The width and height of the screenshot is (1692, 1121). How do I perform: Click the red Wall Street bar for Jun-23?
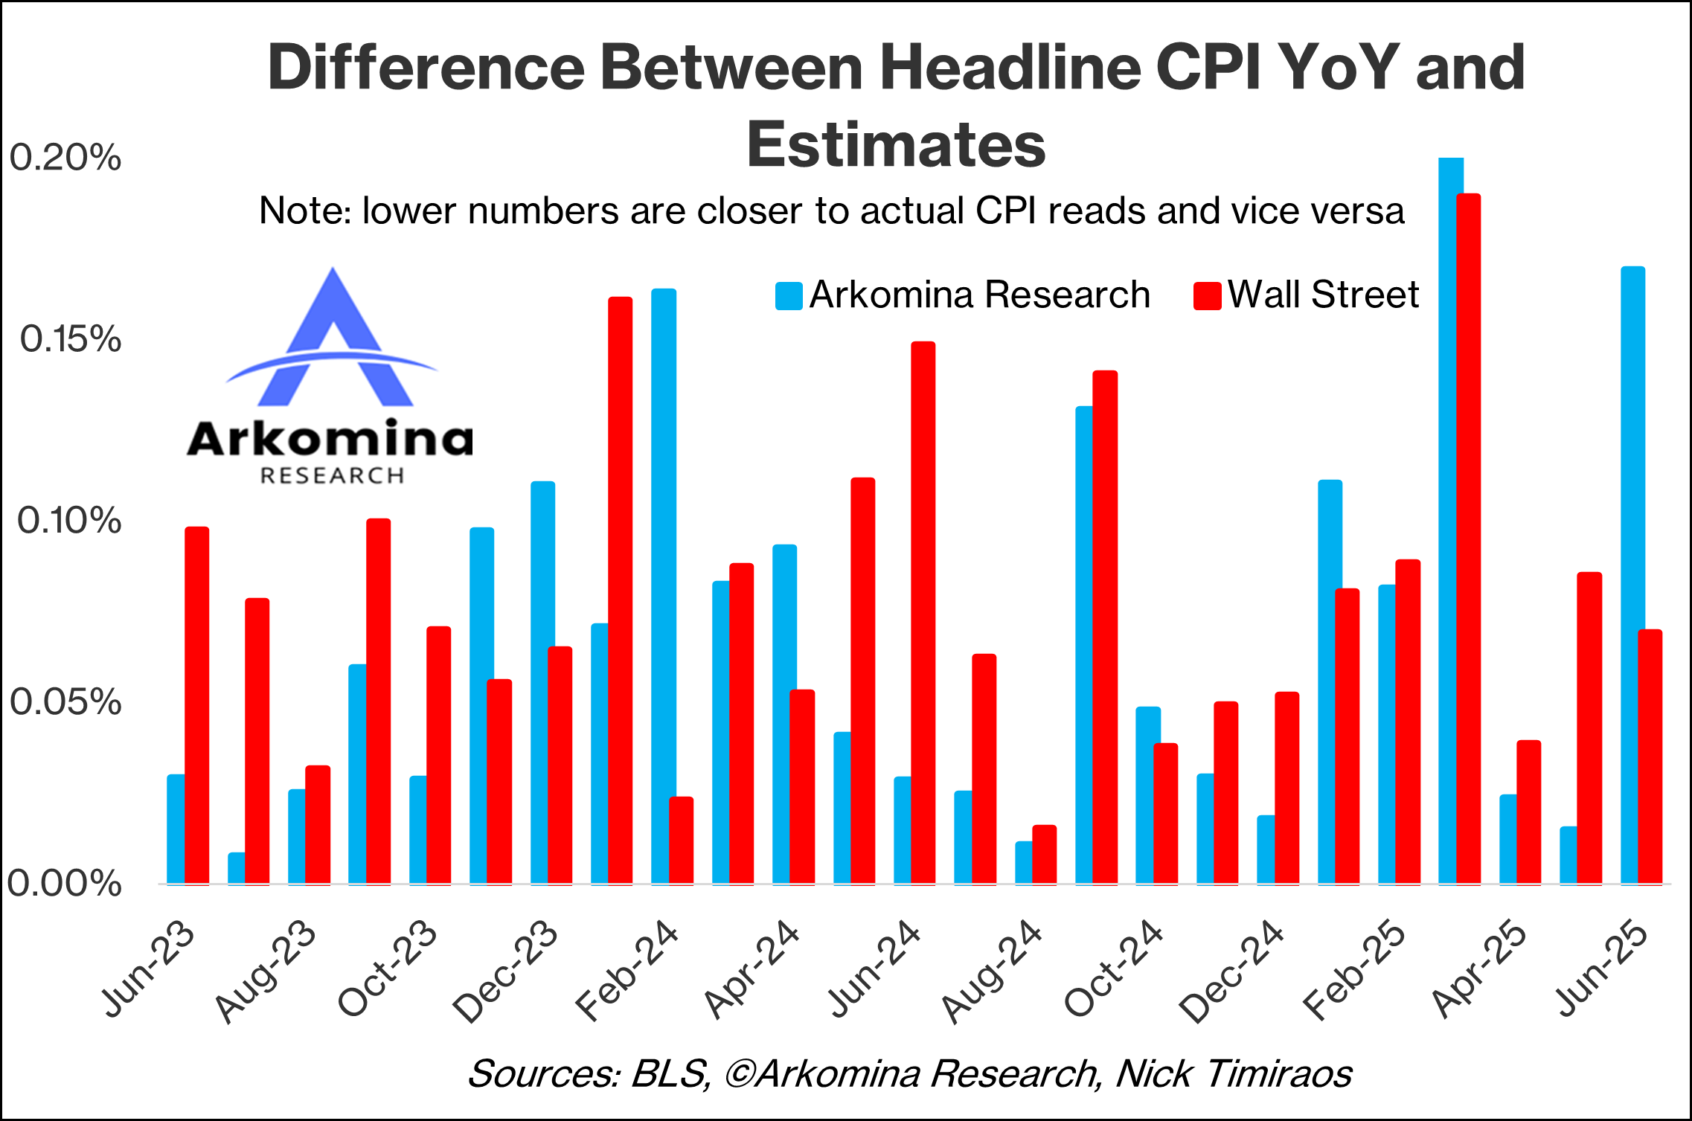coord(196,705)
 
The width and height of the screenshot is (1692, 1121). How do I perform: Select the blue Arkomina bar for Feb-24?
coord(664,586)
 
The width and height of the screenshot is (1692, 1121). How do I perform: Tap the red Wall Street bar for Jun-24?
coord(923,613)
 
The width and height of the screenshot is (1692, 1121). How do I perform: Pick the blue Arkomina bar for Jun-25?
coord(1632,575)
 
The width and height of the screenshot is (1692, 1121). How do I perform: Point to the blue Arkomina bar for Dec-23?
coord(542,683)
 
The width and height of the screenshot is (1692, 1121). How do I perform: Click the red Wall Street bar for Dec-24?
coord(1287,788)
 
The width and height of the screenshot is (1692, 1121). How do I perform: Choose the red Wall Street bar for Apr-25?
coord(1529,812)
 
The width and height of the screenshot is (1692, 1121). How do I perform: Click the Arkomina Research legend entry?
coord(962,295)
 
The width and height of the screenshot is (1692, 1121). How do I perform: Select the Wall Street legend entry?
coord(1306,295)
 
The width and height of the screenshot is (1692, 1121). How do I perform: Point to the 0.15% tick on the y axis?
coord(71,339)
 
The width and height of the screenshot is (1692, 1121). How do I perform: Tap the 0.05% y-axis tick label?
coord(65,702)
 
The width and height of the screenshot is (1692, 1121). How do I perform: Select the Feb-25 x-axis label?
coord(1354,971)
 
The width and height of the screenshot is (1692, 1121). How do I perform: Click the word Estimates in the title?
coord(897,144)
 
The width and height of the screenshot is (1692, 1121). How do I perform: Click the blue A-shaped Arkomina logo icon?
coord(333,337)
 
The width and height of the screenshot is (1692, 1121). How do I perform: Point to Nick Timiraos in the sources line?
coord(1234,1073)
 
